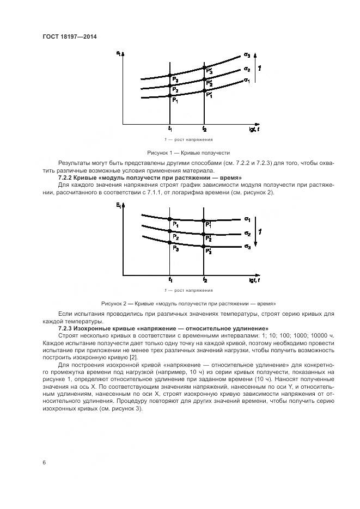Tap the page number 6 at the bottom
click(x=44, y=462)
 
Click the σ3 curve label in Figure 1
click(x=247, y=55)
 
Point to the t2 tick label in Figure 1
click(x=204, y=130)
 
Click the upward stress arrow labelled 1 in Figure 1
click(x=260, y=69)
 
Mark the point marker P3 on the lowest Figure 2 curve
click(x=175, y=248)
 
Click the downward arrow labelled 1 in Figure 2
click(x=260, y=232)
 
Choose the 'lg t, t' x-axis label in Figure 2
click(x=253, y=280)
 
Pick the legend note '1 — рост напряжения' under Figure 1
click(x=188, y=140)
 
